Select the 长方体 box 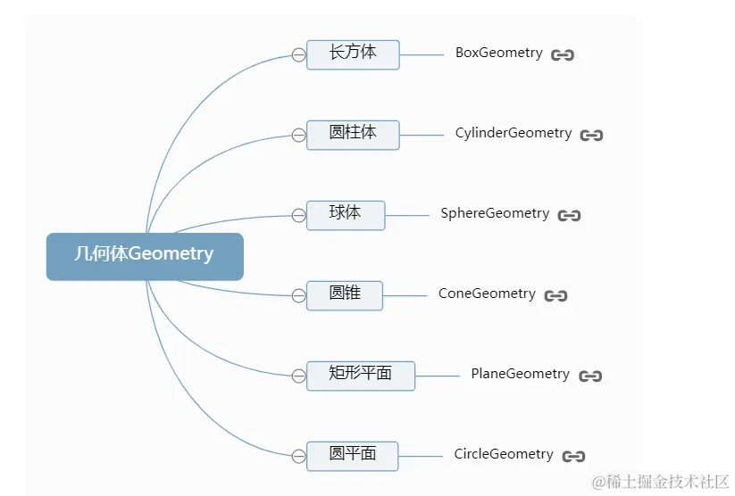coord(353,54)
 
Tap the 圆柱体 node coord(353,134)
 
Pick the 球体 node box coord(346,214)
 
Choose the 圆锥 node coord(345,294)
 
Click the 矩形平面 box coord(360,375)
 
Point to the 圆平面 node coord(353,455)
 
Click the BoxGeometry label coord(498,54)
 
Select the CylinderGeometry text coord(513,134)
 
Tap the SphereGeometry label coord(495,214)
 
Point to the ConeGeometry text coord(487,294)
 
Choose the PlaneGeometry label coord(520,375)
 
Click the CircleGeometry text coord(504,455)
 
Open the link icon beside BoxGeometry coord(563,55)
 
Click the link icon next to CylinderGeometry coord(591,136)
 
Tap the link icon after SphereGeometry coord(569,216)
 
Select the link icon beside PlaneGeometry coord(590,376)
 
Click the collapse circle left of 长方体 coord(298,54)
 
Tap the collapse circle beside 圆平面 coord(298,456)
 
